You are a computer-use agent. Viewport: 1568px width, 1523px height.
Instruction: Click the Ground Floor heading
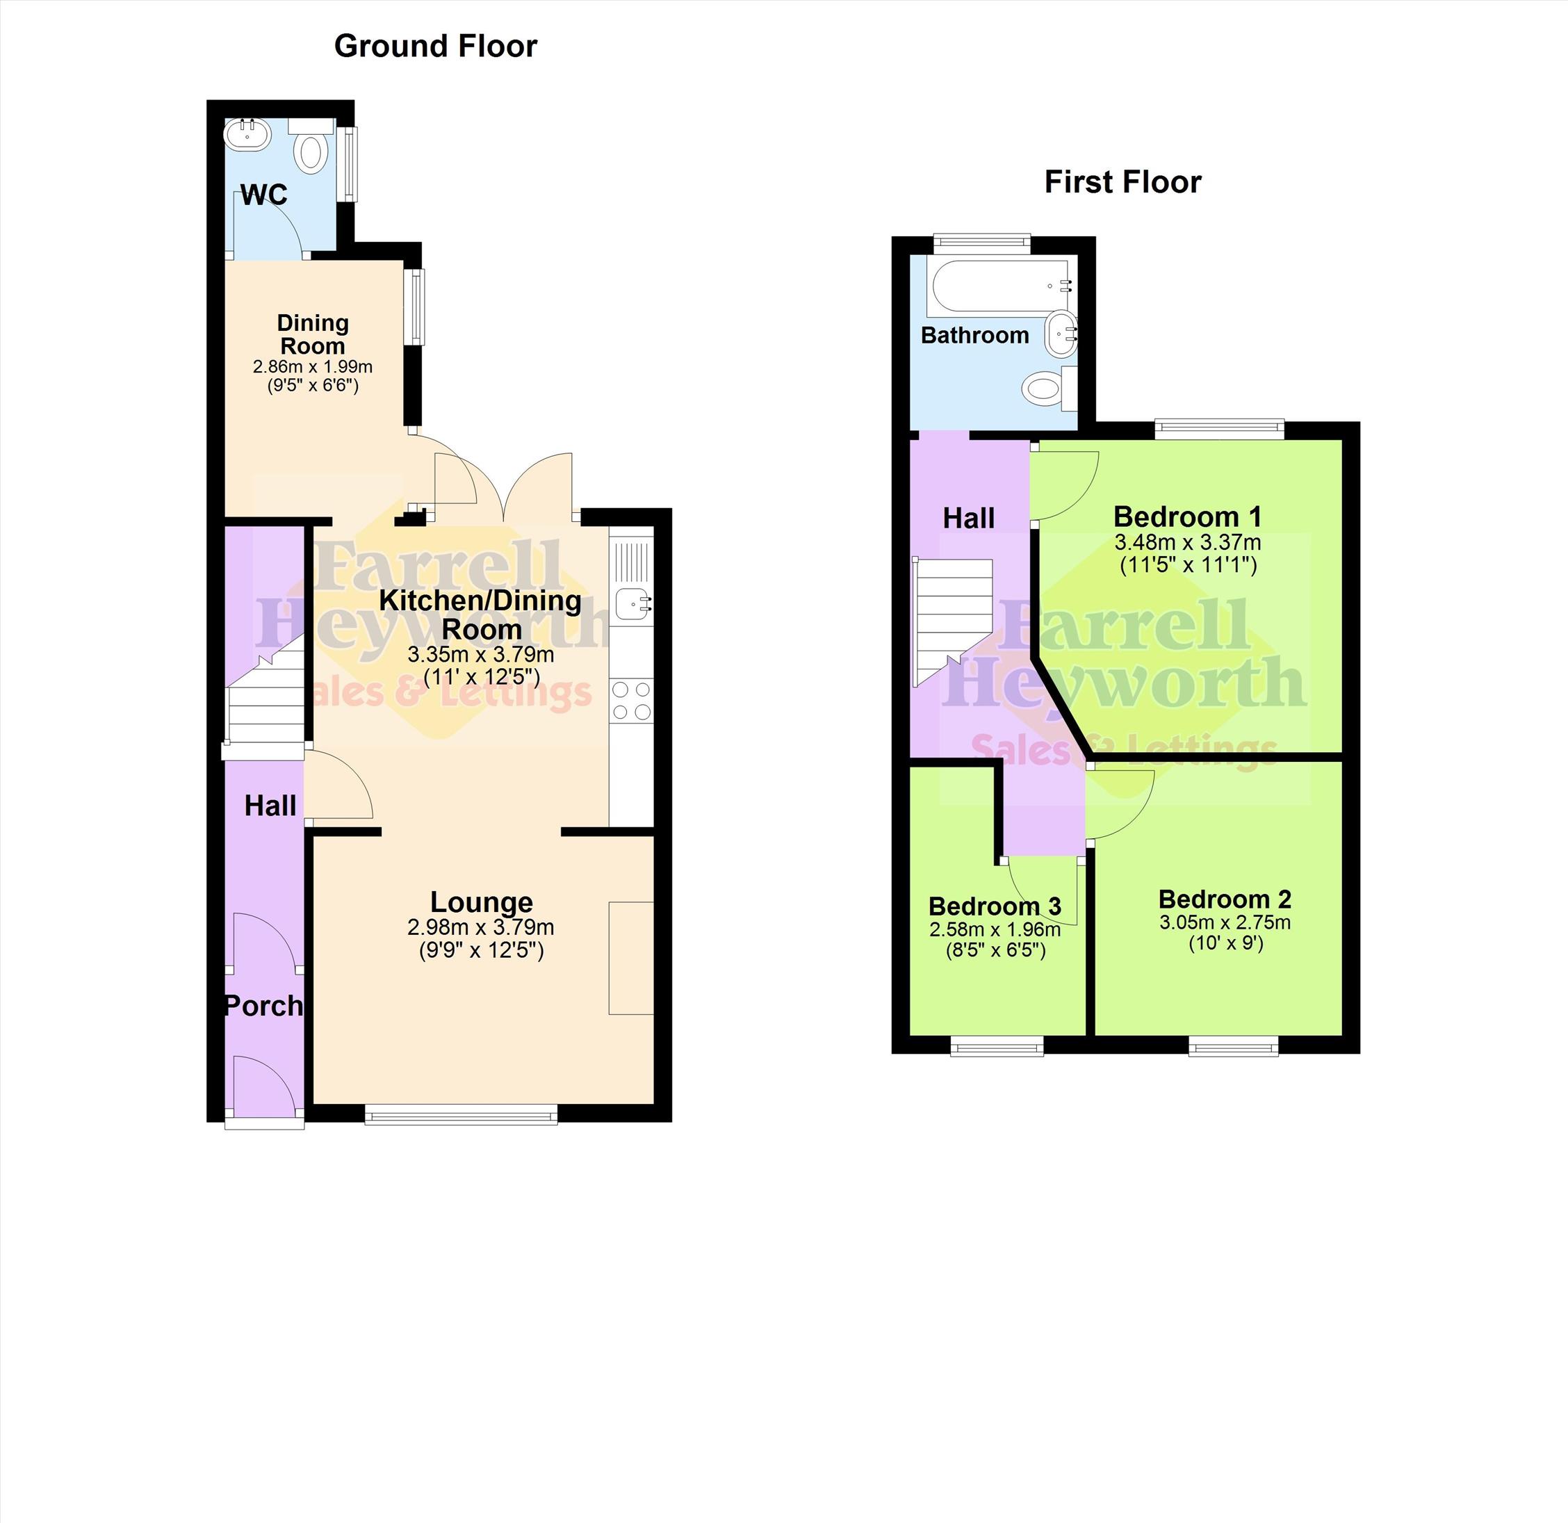tap(435, 47)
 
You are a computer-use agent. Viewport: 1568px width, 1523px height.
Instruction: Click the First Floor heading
tap(1122, 182)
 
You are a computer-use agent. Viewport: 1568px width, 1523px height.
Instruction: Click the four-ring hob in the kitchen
tap(631, 700)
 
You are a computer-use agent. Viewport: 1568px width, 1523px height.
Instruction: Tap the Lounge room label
tap(482, 902)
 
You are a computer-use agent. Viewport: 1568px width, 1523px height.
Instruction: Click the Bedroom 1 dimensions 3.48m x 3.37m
tap(1188, 542)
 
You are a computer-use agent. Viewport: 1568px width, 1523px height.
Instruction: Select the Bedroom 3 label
tap(995, 906)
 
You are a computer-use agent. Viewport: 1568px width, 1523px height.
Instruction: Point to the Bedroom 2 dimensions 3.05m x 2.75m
tap(1225, 922)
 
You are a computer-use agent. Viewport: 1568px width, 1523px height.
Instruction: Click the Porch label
tap(264, 1005)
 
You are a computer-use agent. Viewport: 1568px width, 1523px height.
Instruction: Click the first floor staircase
tap(952, 621)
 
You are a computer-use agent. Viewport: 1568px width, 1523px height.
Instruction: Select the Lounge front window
tap(461, 1116)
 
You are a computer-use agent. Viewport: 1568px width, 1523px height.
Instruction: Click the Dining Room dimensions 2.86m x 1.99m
tap(313, 367)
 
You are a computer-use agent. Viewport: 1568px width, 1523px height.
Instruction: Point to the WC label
tap(263, 195)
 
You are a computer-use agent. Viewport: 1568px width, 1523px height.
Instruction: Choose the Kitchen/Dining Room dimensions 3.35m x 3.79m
tap(481, 654)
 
